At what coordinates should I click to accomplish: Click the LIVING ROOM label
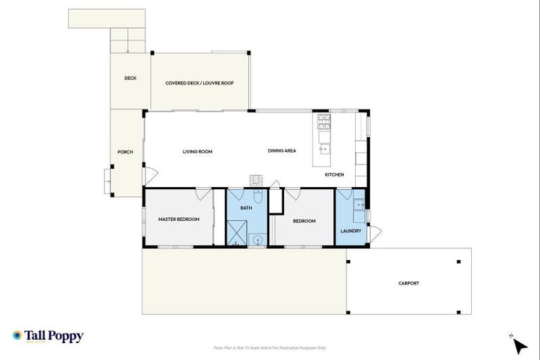(x=198, y=151)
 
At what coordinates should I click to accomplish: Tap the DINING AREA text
(x=281, y=151)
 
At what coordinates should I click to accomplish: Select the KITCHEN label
(x=334, y=174)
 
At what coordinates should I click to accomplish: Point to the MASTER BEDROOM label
(x=179, y=219)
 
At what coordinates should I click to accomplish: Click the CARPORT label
(x=409, y=283)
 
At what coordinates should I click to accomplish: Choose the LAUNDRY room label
(x=350, y=231)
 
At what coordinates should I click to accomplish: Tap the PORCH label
(x=125, y=152)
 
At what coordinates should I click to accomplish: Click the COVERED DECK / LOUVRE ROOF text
(x=200, y=83)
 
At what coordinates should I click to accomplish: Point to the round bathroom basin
(x=258, y=240)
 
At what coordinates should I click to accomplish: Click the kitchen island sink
(x=324, y=148)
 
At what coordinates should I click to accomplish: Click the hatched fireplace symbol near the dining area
(x=257, y=179)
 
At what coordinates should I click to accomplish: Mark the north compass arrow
(x=519, y=345)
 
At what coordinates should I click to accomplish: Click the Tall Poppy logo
(x=48, y=336)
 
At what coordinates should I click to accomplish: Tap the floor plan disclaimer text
(x=270, y=347)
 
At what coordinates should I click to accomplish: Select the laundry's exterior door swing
(x=375, y=233)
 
